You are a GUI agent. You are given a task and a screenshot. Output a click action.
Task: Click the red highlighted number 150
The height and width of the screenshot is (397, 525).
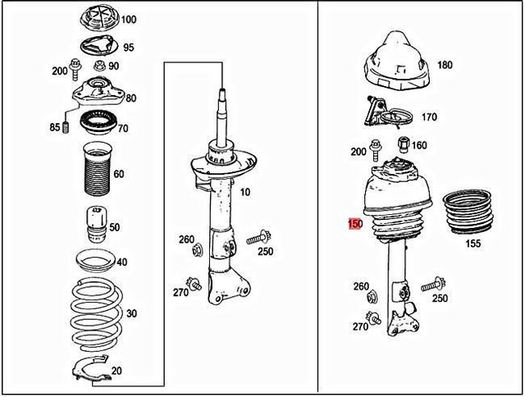click(x=355, y=223)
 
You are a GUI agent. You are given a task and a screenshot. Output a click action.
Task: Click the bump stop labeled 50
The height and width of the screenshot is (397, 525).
click(x=96, y=225)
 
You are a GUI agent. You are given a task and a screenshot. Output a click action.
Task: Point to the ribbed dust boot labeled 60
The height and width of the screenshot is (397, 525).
click(x=98, y=169)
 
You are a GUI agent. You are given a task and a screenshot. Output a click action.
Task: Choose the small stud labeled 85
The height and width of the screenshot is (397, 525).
click(x=66, y=127)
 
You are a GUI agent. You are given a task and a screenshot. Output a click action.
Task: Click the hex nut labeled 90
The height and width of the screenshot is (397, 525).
click(x=99, y=66)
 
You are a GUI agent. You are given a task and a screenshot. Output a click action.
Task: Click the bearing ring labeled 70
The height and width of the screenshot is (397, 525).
click(x=98, y=122)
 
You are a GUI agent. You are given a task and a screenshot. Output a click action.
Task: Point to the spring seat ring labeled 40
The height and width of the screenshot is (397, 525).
click(x=96, y=261)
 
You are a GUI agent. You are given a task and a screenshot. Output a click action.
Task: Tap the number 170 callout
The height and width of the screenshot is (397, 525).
click(x=429, y=116)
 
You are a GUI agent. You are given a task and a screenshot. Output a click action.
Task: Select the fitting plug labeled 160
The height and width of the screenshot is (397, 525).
click(x=404, y=144)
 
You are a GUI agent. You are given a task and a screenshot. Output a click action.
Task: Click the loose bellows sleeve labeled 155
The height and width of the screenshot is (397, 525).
click(x=468, y=212)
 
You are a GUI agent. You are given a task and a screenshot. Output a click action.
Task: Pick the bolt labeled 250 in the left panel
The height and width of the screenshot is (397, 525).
click(x=259, y=238)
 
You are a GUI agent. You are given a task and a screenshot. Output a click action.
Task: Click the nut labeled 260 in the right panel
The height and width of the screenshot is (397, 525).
click(x=371, y=298)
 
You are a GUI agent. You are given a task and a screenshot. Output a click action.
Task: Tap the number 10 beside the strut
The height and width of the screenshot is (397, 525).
click(x=245, y=192)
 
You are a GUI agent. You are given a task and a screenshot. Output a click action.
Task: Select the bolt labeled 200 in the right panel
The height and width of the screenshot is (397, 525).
click(x=374, y=151)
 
